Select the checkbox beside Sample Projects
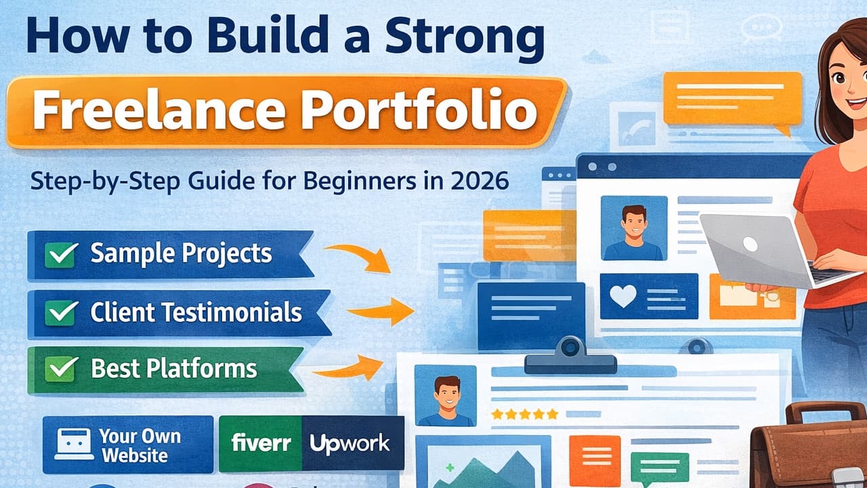click(60, 255)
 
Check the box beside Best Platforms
click(60, 369)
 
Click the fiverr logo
click(261, 443)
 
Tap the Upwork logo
click(350, 444)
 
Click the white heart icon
click(622, 296)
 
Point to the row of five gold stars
click(525, 413)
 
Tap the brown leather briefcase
click(813, 447)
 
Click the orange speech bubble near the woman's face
click(732, 100)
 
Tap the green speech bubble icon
click(659, 468)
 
